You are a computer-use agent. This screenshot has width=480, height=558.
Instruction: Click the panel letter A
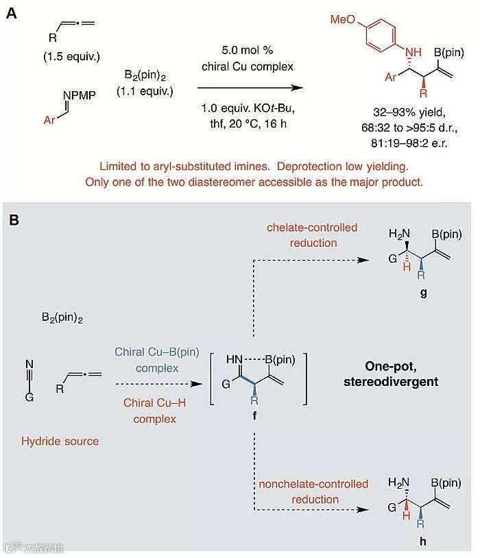point(12,12)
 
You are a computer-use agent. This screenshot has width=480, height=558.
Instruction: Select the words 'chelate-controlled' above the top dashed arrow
point(313,228)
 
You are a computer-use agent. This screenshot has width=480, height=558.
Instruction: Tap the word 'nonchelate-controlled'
point(313,484)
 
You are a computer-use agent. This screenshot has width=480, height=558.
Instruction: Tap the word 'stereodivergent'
point(390,381)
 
